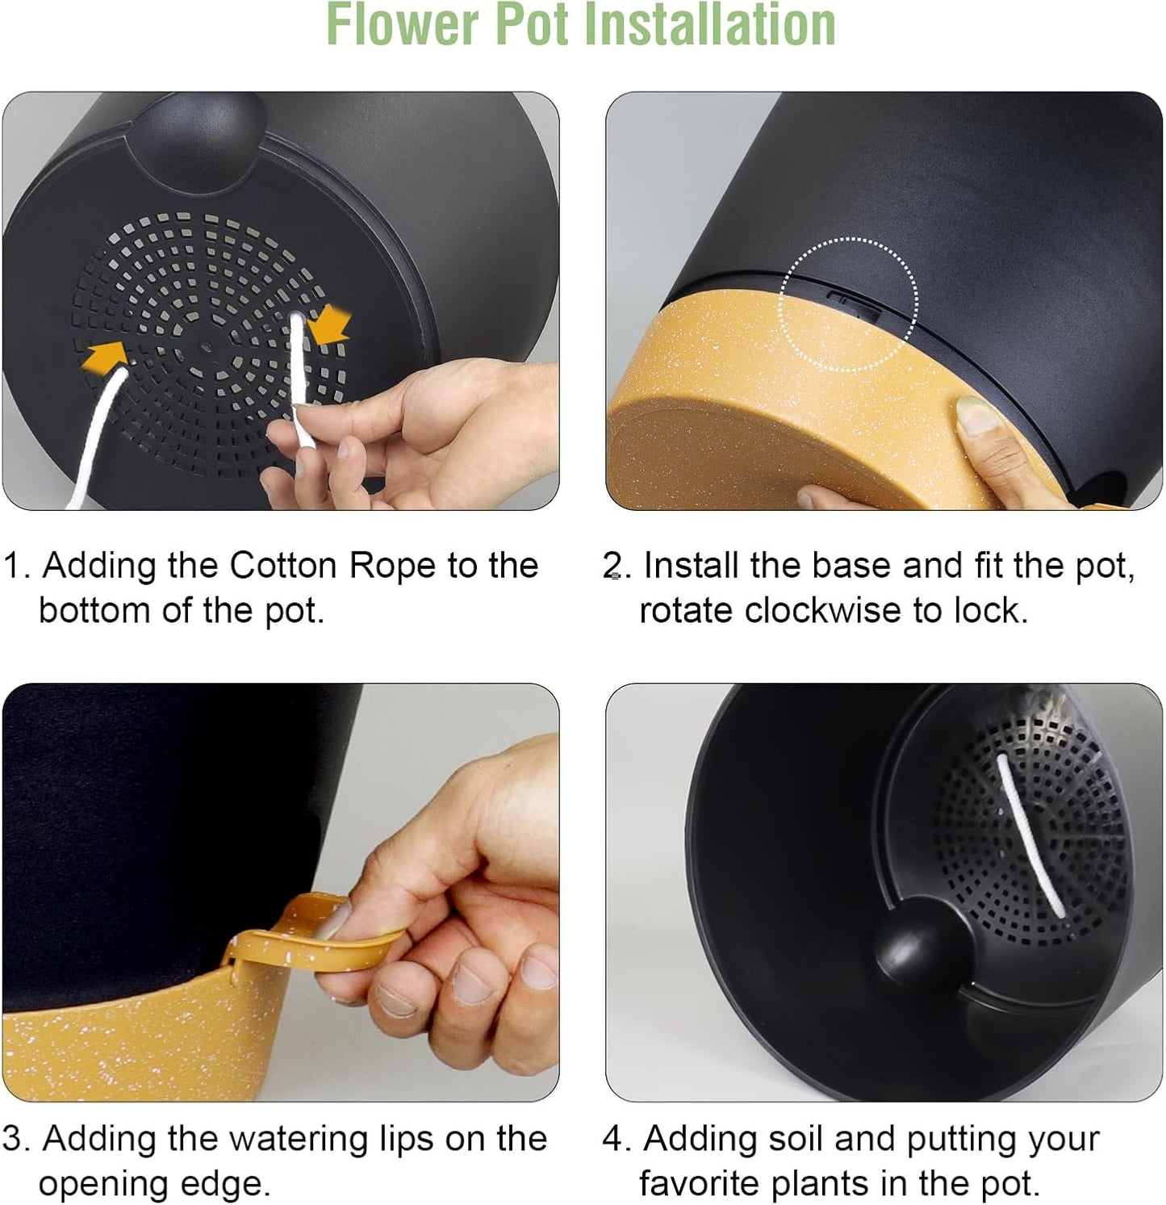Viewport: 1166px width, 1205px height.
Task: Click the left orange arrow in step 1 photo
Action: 104,355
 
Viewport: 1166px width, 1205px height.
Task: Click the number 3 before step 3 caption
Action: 13,1140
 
